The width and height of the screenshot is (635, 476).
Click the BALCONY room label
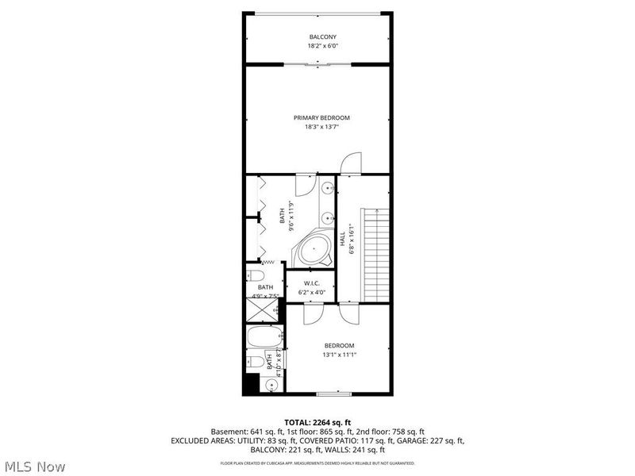pyautogui.click(x=322, y=37)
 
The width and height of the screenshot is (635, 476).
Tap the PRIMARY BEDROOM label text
pyautogui.click(x=327, y=117)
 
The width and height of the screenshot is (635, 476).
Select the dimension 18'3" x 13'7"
pyautogui.click(x=327, y=126)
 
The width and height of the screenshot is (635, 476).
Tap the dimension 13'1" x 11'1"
pyautogui.click(x=338, y=355)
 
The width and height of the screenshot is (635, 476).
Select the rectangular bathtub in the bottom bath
pyautogui.click(x=263, y=337)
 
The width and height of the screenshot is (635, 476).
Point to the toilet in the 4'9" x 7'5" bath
pyautogui.click(x=255, y=276)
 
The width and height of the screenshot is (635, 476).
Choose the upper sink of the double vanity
pyautogui.click(x=327, y=188)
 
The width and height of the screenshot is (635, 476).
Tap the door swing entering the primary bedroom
pyautogui.click(x=350, y=164)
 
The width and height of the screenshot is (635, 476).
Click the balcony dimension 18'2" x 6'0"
pyautogui.click(x=322, y=47)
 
